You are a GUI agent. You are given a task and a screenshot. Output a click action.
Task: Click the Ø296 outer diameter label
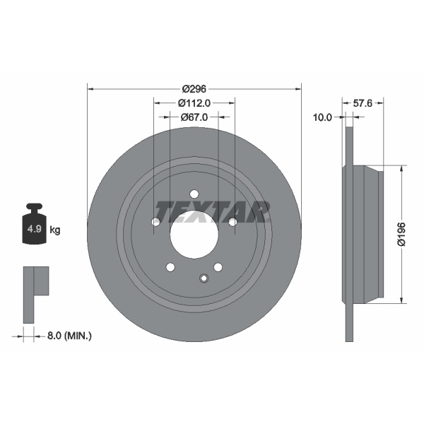click(194, 88)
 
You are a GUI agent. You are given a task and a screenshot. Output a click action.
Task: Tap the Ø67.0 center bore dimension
click(193, 117)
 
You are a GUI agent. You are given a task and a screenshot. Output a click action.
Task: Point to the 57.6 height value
click(362, 102)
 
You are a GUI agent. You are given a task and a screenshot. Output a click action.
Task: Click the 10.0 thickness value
click(322, 117)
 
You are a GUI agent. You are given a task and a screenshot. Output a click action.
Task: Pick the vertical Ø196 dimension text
click(401, 233)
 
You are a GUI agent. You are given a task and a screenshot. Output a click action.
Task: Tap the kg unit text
click(55, 230)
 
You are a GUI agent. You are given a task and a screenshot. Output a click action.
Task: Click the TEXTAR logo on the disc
click(213, 211)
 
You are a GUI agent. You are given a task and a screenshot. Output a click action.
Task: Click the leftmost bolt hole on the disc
click(156, 222)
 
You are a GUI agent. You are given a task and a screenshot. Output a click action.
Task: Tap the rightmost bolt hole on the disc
click(232, 222)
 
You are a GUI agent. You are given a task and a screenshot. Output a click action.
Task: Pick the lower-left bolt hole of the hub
click(170, 266)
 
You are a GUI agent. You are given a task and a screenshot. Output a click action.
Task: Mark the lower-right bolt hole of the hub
click(218, 266)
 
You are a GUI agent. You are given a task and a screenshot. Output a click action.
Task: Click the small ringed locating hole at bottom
click(204, 278)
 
